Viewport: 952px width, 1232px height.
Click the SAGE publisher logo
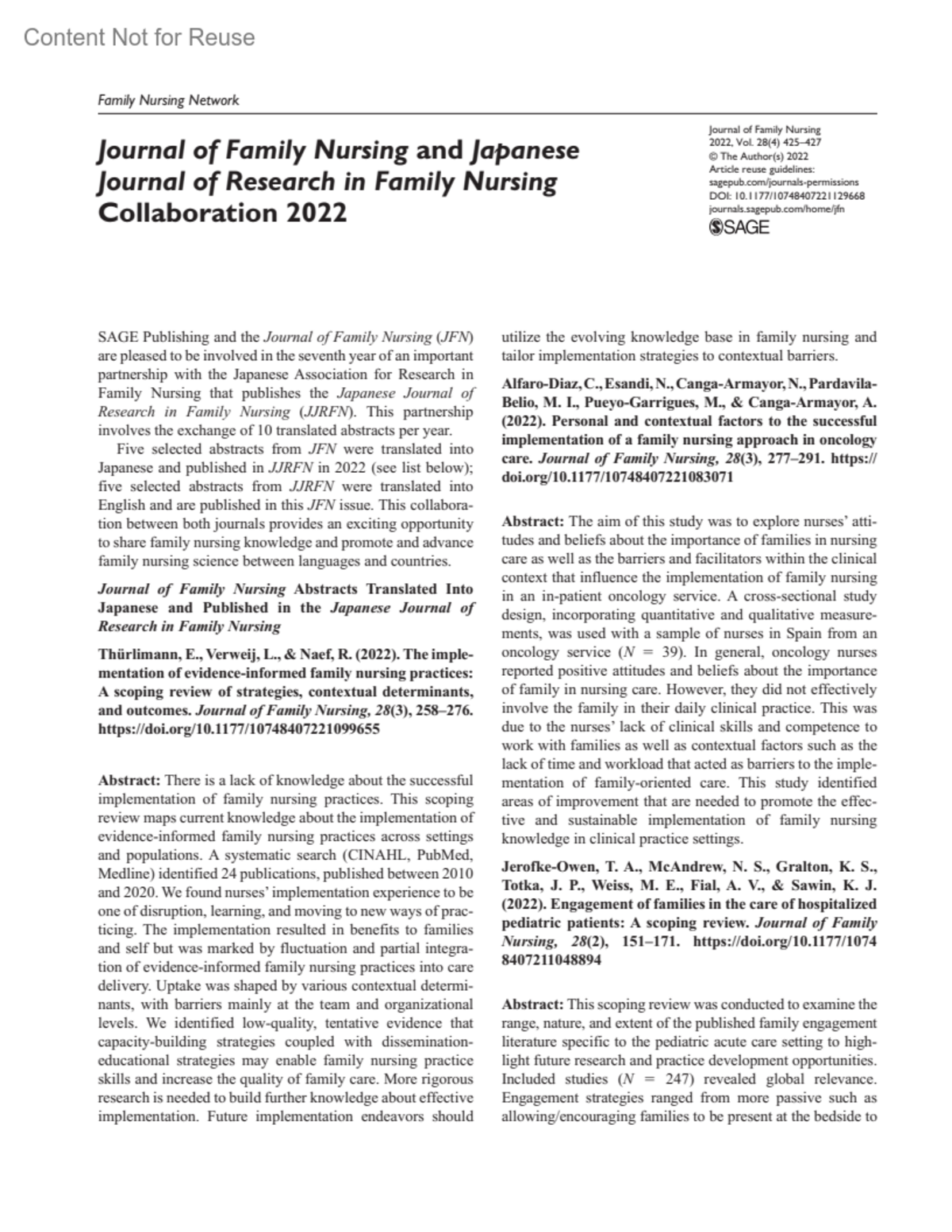tap(738, 228)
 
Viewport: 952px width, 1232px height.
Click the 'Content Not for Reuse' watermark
tap(140, 37)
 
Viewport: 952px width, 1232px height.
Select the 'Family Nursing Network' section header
tap(167, 101)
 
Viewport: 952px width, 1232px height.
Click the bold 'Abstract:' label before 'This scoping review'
tap(533, 1003)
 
